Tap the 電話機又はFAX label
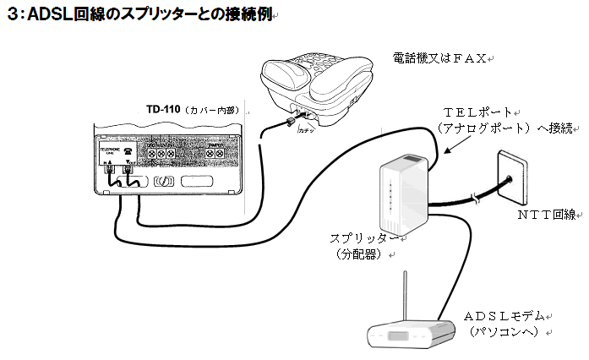coord(440,58)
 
